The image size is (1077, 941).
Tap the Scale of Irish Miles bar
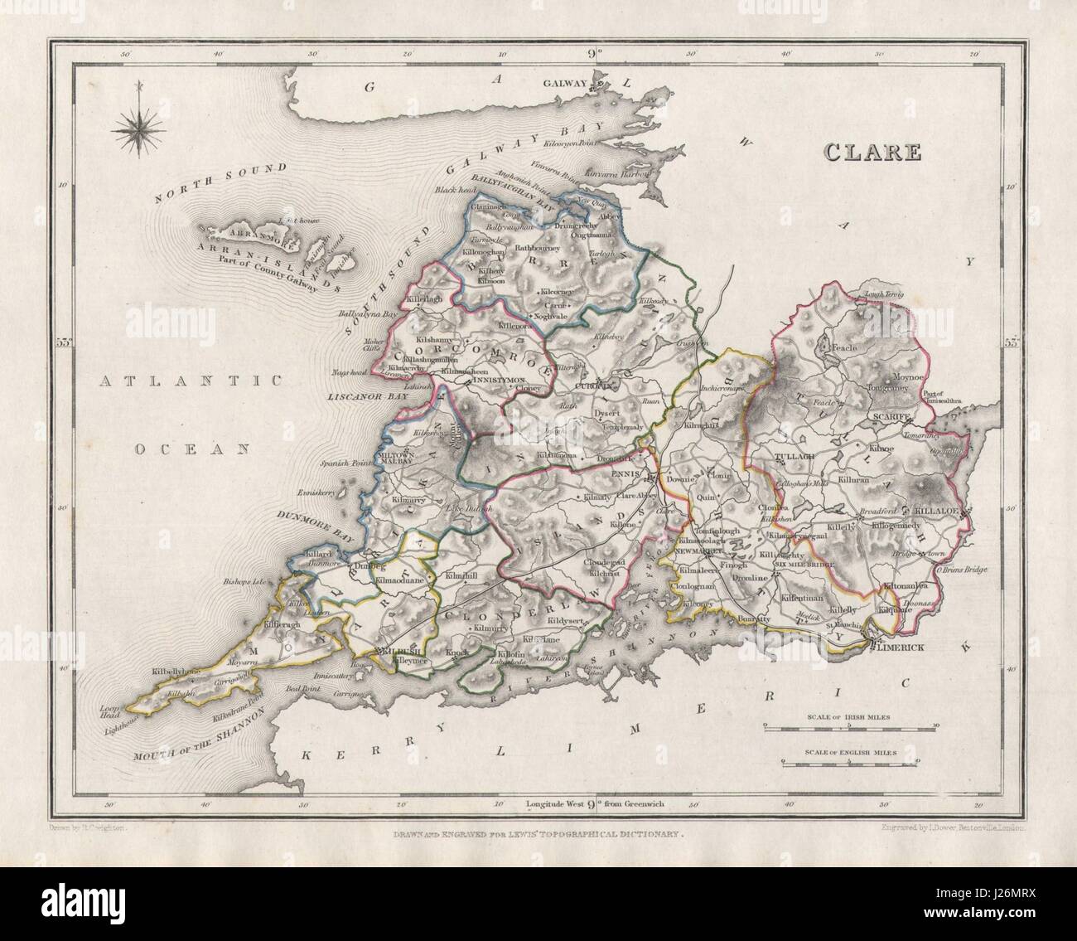(x=850, y=725)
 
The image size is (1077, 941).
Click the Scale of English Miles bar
(x=850, y=759)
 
